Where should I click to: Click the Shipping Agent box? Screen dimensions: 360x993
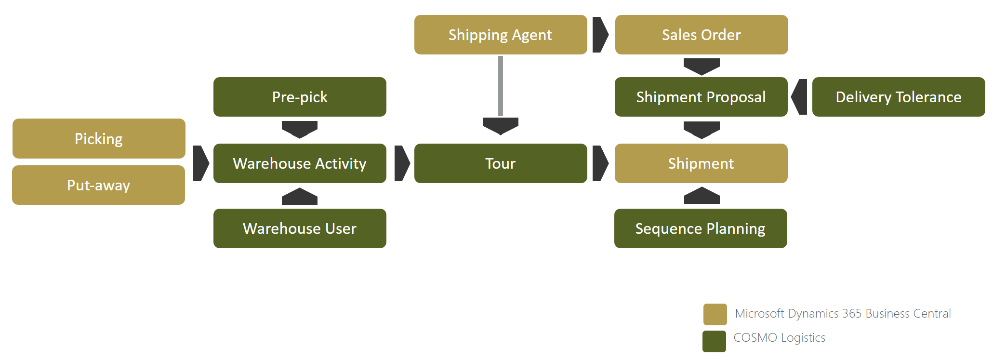pyautogui.click(x=501, y=35)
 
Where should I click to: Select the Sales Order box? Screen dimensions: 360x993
pyautogui.click(x=702, y=35)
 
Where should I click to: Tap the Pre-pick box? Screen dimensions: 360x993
pyautogui.click(x=300, y=97)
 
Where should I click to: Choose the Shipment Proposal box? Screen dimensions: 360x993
pyautogui.click(x=701, y=97)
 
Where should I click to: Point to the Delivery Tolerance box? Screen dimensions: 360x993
pyautogui.click(x=899, y=97)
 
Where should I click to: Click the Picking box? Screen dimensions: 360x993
pyautogui.click(x=99, y=139)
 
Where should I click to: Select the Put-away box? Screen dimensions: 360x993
pyautogui.click(x=99, y=185)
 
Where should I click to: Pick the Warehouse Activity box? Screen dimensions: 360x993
pyautogui.click(x=300, y=163)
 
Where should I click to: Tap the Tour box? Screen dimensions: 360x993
pyautogui.click(x=501, y=163)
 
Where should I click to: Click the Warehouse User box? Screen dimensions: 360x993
pyautogui.click(x=300, y=228)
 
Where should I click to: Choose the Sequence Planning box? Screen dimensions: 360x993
pyautogui.click(x=701, y=228)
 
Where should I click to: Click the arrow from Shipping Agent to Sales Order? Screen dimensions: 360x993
pyautogui.click(x=600, y=35)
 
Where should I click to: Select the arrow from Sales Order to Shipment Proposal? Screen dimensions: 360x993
pyautogui.click(x=702, y=66)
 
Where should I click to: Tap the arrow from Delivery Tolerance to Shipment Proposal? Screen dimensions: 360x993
pyautogui.click(x=800, y=97)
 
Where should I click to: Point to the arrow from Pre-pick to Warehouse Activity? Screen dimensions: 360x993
pyautogui.click(x=300, y=129)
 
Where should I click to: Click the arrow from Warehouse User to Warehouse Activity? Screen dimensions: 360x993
pyautogui.click(x=300, y=197)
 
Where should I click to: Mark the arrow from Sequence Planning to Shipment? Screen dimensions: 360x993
pyautogui.click(x=702, y=196)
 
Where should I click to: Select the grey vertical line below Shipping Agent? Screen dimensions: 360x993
pyautogui.click(x=501, y=86)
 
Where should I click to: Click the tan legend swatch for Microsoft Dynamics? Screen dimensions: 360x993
pyautogui.click(x=715, y=314)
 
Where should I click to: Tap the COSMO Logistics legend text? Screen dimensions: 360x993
pyautogui.click(x=779, y=337)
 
